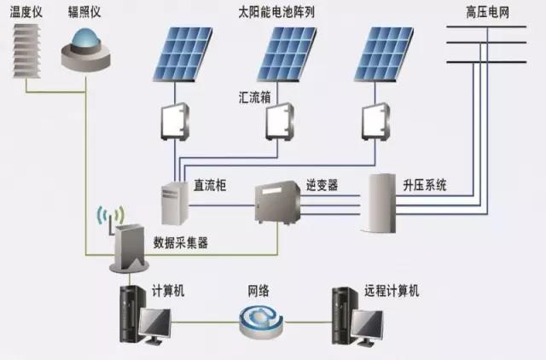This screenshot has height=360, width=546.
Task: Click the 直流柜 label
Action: (x=209, y=184)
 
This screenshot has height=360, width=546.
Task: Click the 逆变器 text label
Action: (x=322, y=184)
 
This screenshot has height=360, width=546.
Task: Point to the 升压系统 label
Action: (x=426, y=184)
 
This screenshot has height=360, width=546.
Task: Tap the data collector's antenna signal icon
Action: (x=107, y=216)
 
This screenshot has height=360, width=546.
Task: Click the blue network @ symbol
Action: (x=258, y=321)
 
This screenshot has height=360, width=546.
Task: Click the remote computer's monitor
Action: (x=369, y=324)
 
